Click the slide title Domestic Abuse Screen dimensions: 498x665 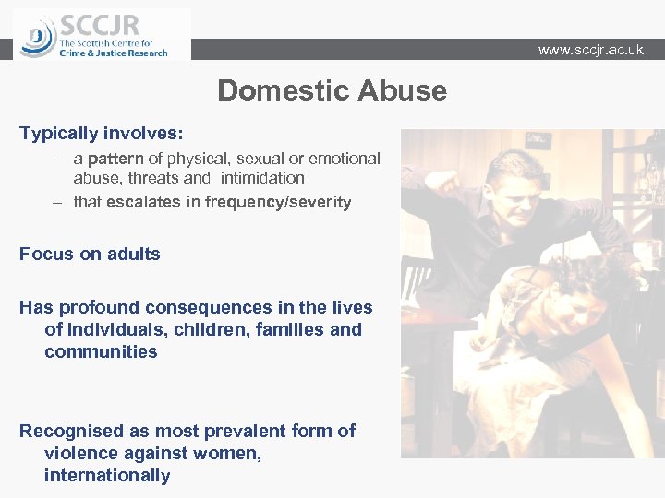coord(332,91)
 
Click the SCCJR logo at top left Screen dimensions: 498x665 coord(102,35)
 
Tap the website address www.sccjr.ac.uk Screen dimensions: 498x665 coord(590,50)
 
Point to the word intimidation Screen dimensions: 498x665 coord(261,178)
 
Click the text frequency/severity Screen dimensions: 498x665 coord(278,202)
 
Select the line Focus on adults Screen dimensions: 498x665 coord(90,254)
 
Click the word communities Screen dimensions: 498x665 coord(101,351)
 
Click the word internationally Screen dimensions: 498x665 coord(107,475)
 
